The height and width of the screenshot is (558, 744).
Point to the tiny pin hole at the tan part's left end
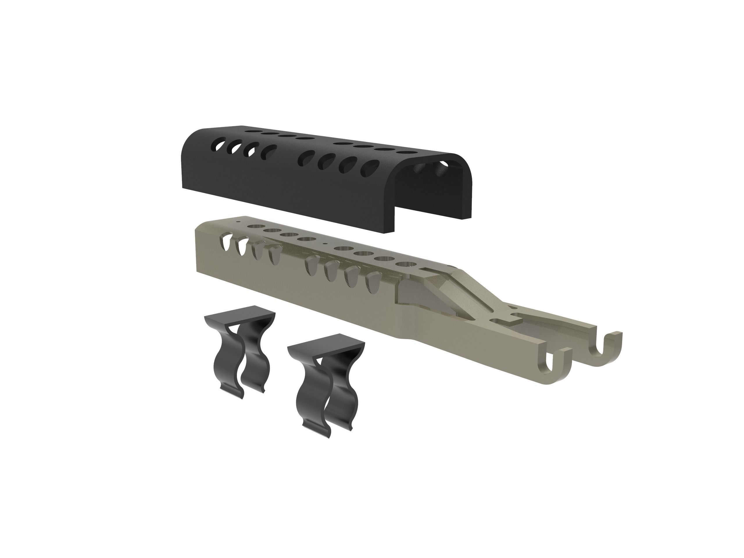[x=238, y=222]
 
